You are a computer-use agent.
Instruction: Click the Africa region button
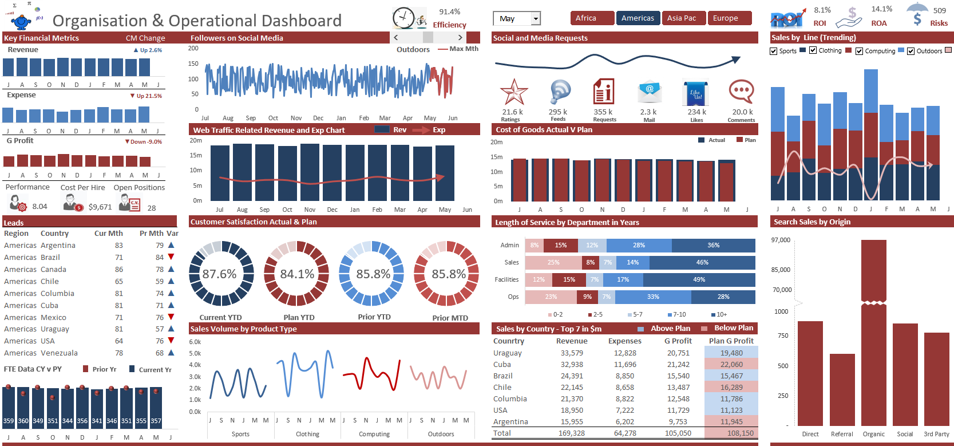click(592, 18)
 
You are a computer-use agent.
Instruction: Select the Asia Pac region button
click(684, 18)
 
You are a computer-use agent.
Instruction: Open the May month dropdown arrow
click(536, 19)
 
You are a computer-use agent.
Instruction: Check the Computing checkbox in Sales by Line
click(859, 51)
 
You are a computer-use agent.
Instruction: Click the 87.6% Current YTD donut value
click(219, 274)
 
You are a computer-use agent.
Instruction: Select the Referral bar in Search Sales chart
click(842, 389)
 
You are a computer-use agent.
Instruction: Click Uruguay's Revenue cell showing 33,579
click(572, 353)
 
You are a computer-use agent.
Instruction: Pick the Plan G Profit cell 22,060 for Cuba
click(731, 365)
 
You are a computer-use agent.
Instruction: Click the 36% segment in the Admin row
click(713, 246)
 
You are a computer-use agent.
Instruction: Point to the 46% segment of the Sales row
click(702, 263)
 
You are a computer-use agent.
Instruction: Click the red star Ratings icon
click(513, 92)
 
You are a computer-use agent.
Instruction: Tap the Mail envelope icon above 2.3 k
click(650, 92)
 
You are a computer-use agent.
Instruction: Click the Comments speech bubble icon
click(741, 92)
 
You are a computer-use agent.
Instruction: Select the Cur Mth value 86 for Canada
click(119, 270)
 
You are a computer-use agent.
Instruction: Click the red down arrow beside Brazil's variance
click(171, 257)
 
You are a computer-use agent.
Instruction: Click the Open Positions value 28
click(152, 208)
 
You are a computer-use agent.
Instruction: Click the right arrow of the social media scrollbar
click(460, 37)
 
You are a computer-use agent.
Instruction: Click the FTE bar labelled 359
click(9, 408)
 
